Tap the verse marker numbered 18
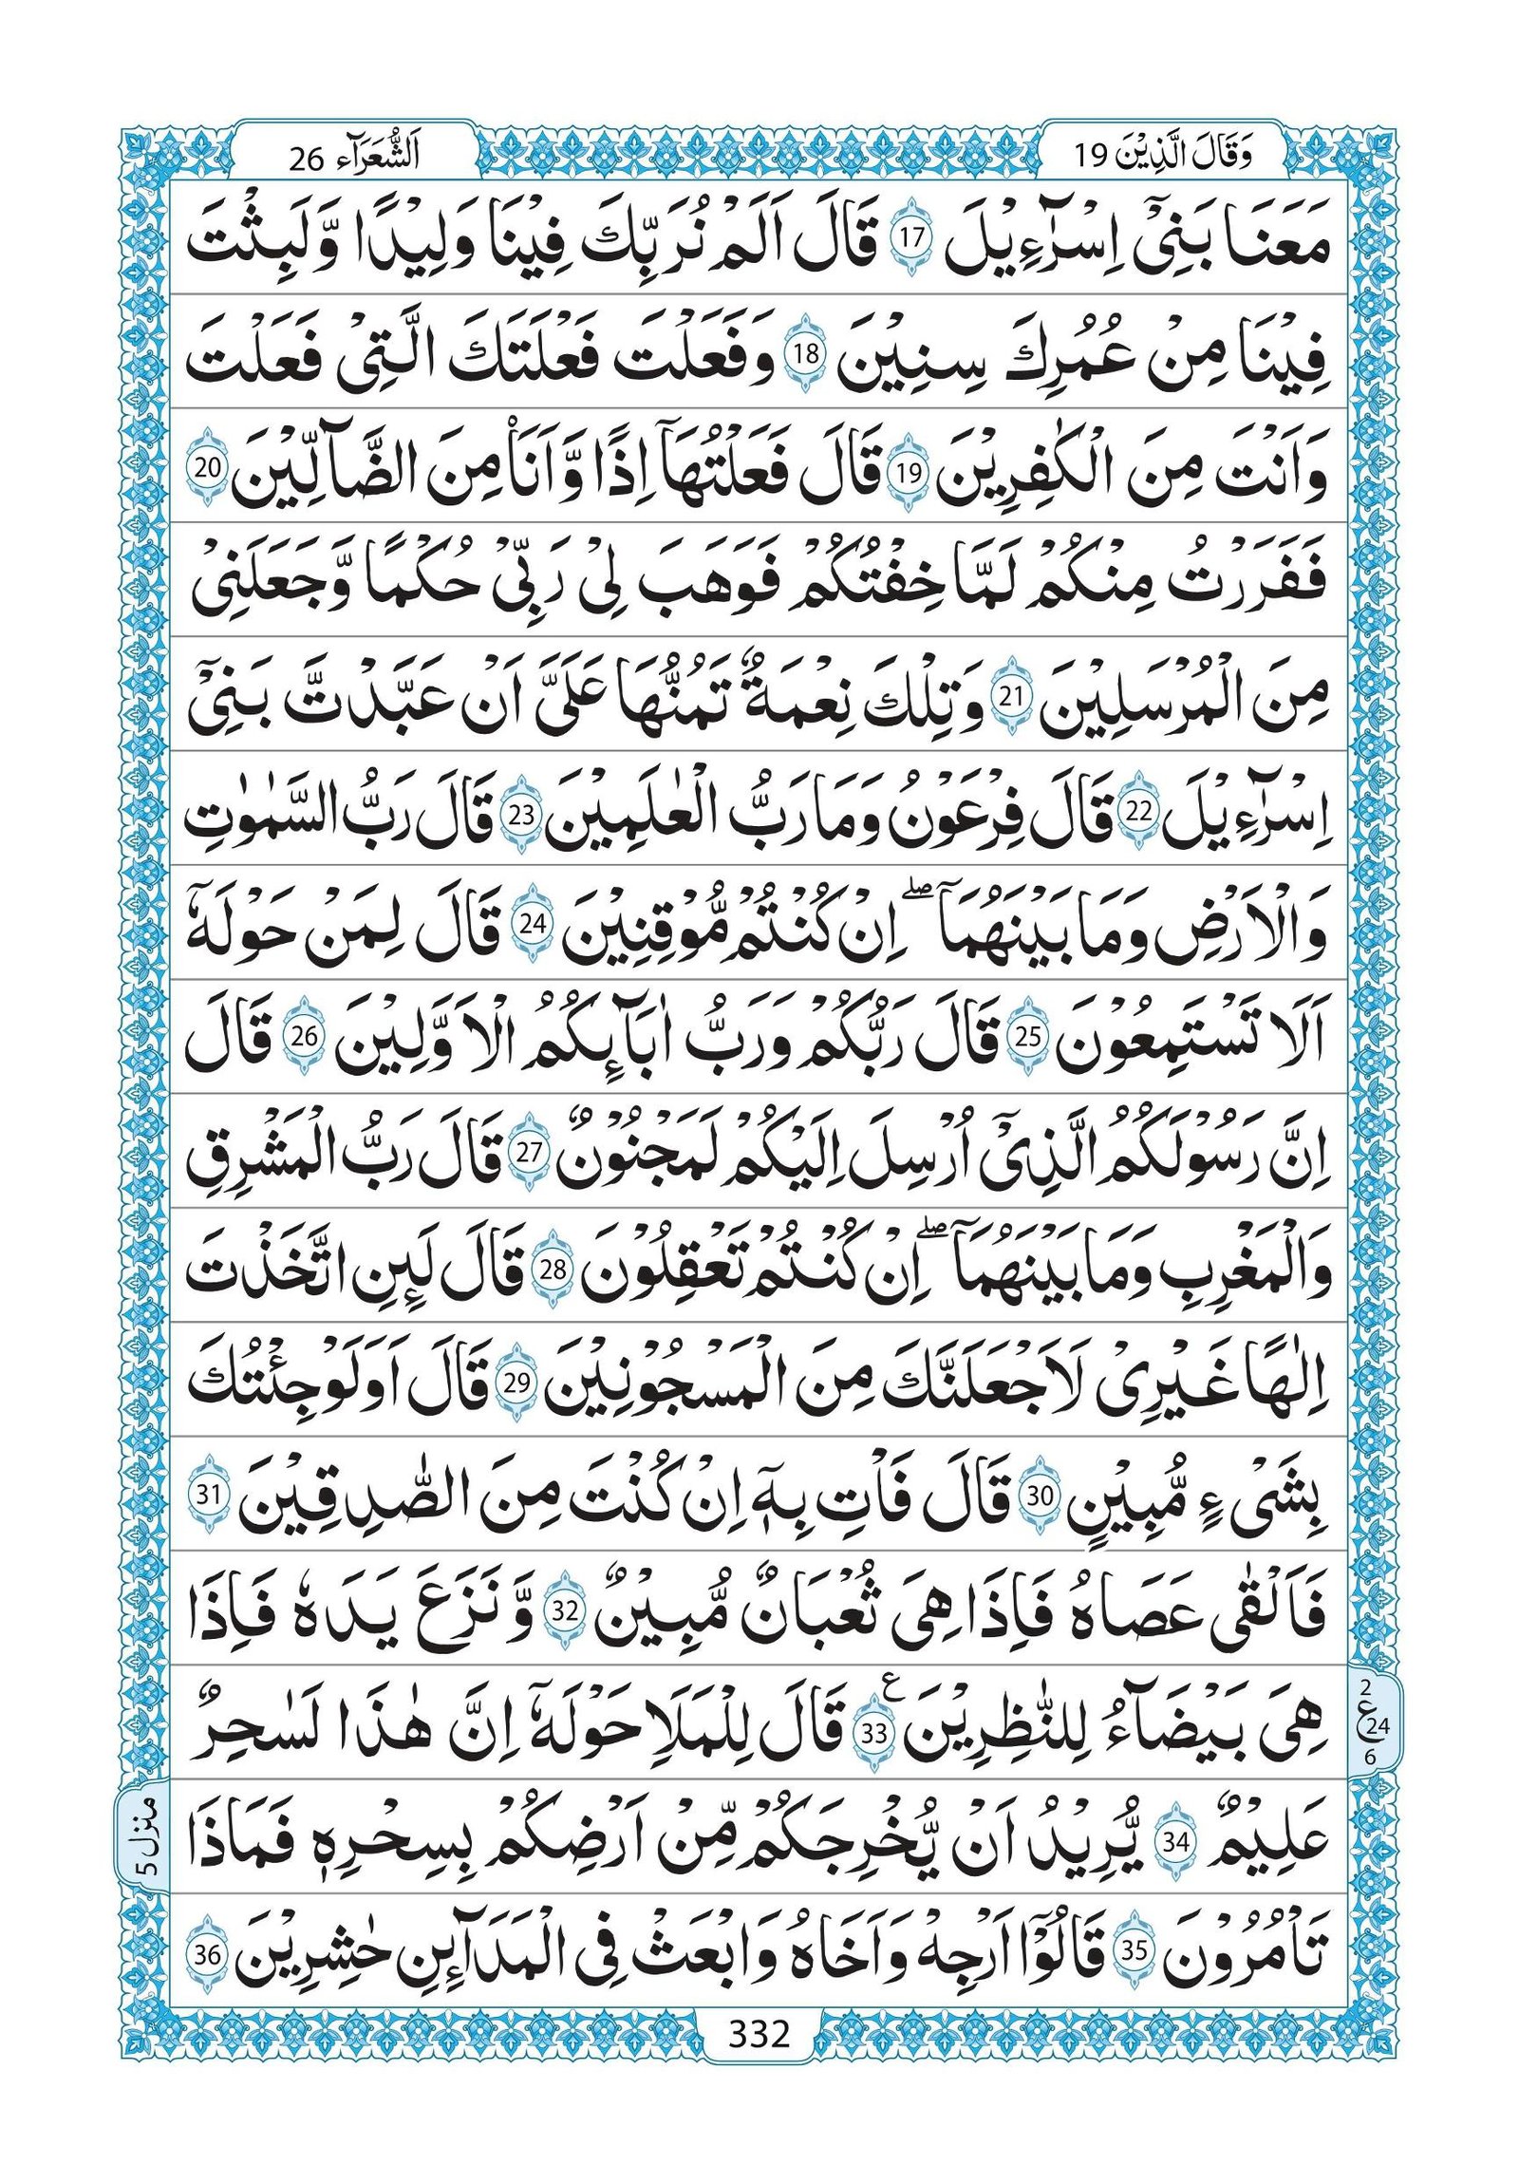tap(806, 355)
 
